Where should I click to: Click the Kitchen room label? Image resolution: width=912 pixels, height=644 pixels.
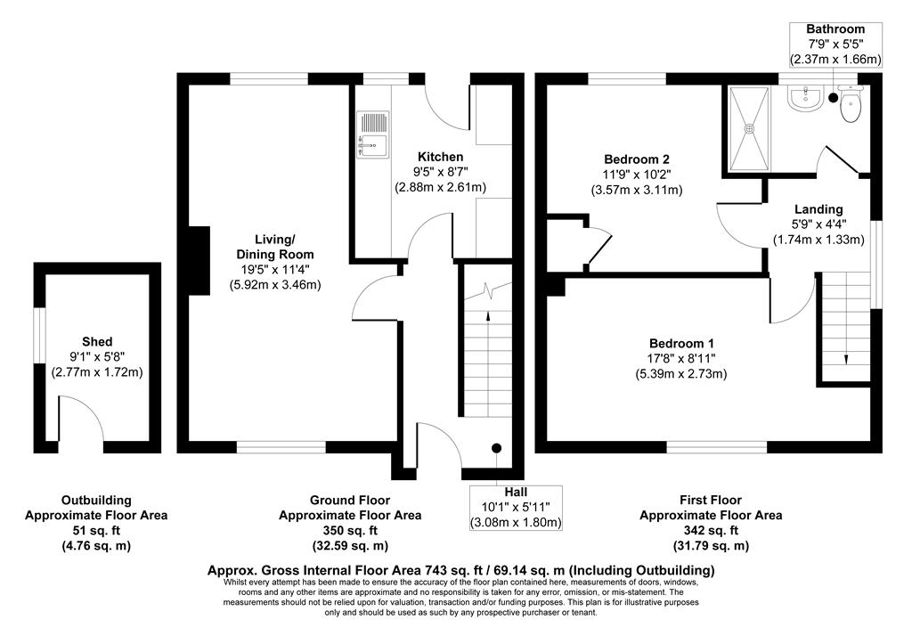point(440,157)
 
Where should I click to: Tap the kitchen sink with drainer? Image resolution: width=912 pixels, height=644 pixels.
point(372,135)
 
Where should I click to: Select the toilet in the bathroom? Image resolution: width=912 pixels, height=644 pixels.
point(851,103)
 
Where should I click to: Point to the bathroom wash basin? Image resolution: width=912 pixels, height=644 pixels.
point(805,97)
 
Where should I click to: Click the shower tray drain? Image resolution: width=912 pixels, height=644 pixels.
point(750,128)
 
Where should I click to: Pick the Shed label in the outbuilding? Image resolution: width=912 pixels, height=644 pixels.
point(97,341)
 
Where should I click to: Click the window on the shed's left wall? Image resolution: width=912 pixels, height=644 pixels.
point(39,335)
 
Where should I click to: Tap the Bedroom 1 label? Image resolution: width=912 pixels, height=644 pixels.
point(681,343)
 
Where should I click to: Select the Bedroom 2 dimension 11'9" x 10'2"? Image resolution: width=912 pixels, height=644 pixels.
point(636,174)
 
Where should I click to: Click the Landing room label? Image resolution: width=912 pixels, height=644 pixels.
point(818,208)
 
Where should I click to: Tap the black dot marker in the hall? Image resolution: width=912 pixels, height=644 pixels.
point(496,448)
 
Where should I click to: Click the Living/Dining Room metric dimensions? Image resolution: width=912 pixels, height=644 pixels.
point(275,285)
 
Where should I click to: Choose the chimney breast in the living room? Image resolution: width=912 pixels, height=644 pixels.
point(199,261)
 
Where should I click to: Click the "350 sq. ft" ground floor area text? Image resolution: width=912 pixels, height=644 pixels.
point(350,531)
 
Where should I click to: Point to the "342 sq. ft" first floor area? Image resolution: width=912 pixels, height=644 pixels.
point(711,531)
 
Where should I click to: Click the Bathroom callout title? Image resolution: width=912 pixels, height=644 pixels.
point(835,29)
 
